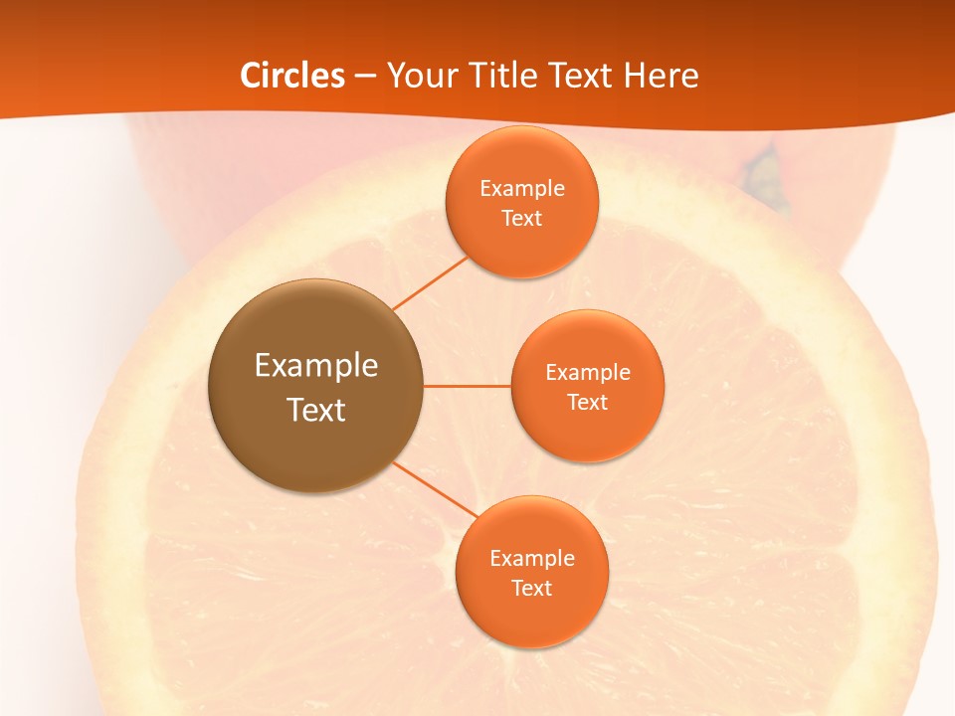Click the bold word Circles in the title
click(x=292, y=76)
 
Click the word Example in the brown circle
click(x=316, y=365)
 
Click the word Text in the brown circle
click(x=316, y=410)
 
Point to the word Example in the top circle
click(x=522, y=188)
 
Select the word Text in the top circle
click(x=522, y=218)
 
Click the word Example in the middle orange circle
click(x=588, y=372)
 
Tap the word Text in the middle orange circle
click(x=588, y=402)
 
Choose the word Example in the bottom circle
click(x=532, y=558)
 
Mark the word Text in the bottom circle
click(x=532, y=588)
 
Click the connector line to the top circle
click(x=430, y=283)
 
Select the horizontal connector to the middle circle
click(x=468, y=385)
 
